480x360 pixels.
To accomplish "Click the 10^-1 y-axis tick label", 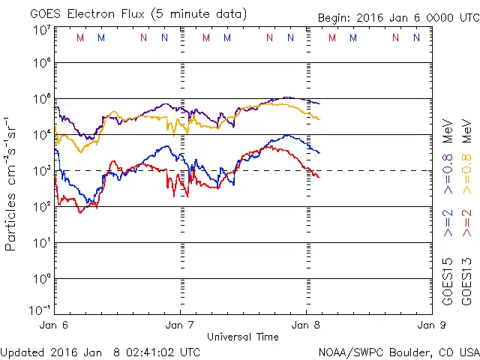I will [x=40, y=310].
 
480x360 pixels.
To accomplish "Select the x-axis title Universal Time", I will [x=243, y=337].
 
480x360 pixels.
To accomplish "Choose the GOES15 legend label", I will [x=448, y=280].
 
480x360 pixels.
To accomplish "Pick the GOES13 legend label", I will [x=467, y=280].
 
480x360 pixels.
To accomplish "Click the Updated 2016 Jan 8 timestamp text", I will [x=100, y=351].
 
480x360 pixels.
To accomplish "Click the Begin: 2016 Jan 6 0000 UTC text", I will [x=397, y=16].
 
